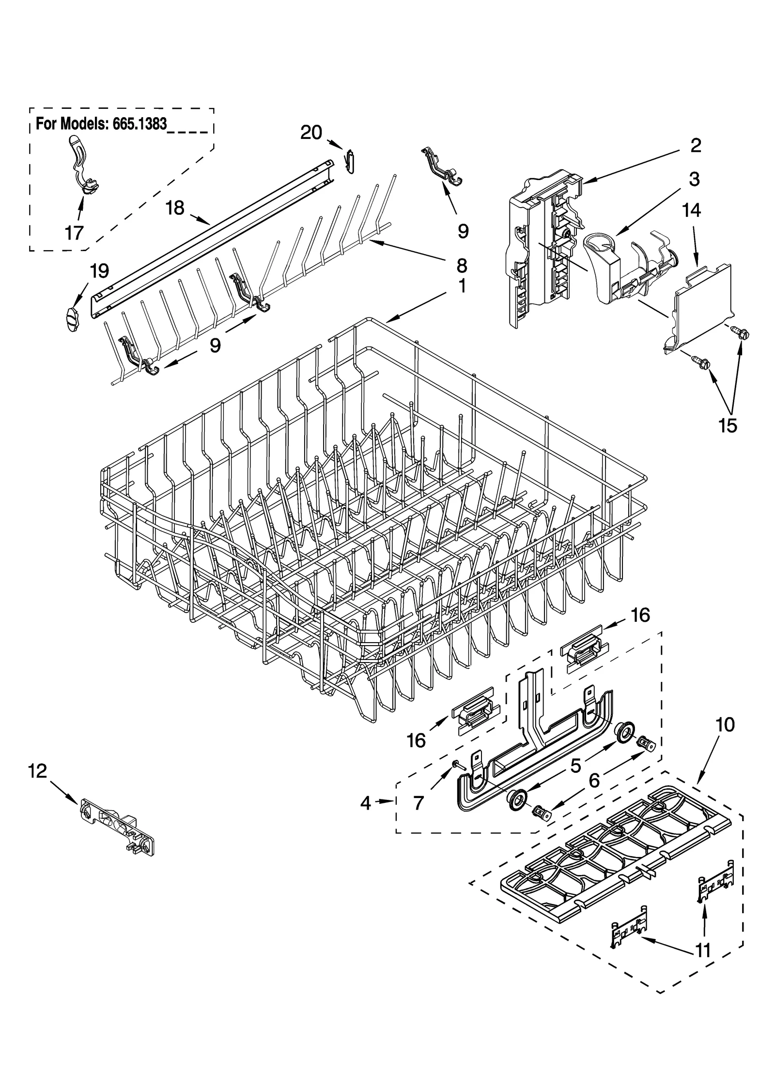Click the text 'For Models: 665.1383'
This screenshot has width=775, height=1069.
102,124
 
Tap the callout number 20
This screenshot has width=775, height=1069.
311,132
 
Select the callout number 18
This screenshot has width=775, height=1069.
175,208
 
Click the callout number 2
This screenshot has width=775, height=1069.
695,145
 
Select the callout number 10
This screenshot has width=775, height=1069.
725,738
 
